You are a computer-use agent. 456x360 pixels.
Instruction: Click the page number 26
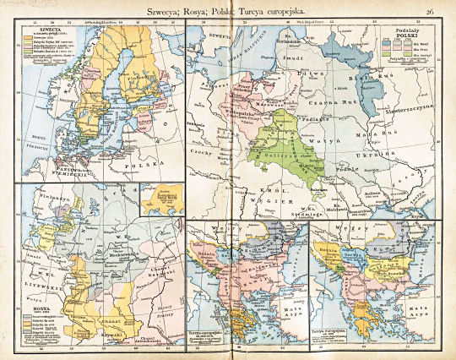pyautogui.click(x=431, y=11)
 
